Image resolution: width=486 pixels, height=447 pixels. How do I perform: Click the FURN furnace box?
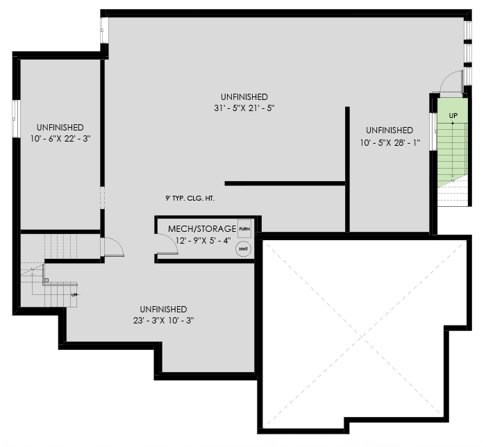(x=244, y=227)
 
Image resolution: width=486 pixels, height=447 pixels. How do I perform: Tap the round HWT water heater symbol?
(x=244, y=248)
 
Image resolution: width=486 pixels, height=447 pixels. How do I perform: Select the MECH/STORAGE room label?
(x=198, y=229)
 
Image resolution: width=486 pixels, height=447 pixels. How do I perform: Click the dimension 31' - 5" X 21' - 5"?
(x=240, y=108)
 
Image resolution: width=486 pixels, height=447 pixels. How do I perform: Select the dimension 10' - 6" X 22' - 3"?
(x=61, y=138)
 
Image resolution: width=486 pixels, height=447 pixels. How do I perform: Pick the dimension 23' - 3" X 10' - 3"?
(x=163, y=321)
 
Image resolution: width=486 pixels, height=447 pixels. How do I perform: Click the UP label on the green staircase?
(x=453, y=115)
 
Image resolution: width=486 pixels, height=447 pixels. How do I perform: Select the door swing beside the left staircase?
(x=112, y=247)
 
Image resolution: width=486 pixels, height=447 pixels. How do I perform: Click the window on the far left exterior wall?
(x=15, y=118)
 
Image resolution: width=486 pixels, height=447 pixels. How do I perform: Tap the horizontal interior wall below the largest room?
(x=285, y=183)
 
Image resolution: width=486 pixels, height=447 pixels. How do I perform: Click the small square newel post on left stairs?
(x=46, y=281)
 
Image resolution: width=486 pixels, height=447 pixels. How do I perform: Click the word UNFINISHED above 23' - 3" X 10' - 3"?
(x=163, y=309)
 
